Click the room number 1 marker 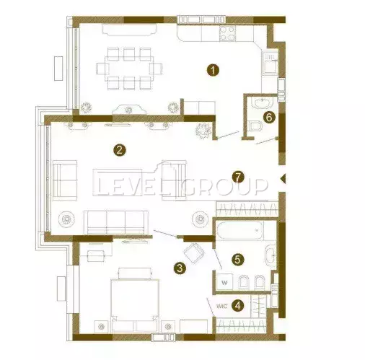pyautogui.click(x=213, y=70)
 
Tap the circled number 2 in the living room pyautogui.click(x=120, y=150)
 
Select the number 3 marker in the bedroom pyautogui.click(x=180, y=268)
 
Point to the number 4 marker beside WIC pyautogui.click(x=237, y=306)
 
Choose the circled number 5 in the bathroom pyautogui.click(x=237, y=260)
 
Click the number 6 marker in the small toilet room pyautogui.click(x=269, y=118)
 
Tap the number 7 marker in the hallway pyautogui.click(x=238, y=177)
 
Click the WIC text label pyautogui.click(x=222, y=307)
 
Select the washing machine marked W pyautogui.click(x=224, y=282)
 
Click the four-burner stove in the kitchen pyautogui.click(x=227, y=33)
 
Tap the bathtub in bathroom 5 pyautogui.click(x=239, y=231)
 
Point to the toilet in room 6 pyautogui.click(x=255, y=126)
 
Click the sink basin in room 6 pyautogui.click(x=263, y=102)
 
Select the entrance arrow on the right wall pyautogui.click(x=283, y=179)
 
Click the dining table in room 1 pyautogui.click(x=129, y=69)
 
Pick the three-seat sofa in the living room pyautogui.click(x=116, y=222)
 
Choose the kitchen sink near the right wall pyautogui.click(x=271, y=63)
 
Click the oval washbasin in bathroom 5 pyautogui.click(x=271, y=256)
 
